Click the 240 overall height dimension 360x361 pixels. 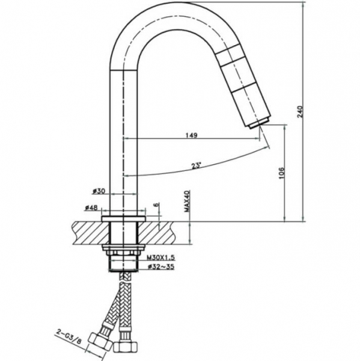300,112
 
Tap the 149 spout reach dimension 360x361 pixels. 191,135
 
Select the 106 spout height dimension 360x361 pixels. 281,173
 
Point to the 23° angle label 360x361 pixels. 195,166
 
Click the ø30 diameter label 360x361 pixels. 99,191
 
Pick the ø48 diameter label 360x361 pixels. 91,208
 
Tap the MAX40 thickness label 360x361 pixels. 186,201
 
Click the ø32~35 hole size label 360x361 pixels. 161,267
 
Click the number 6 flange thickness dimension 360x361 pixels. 156,205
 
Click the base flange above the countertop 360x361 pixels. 124,219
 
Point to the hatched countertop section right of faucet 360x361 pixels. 157,233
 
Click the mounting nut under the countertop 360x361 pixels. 124,250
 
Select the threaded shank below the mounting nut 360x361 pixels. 124,264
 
